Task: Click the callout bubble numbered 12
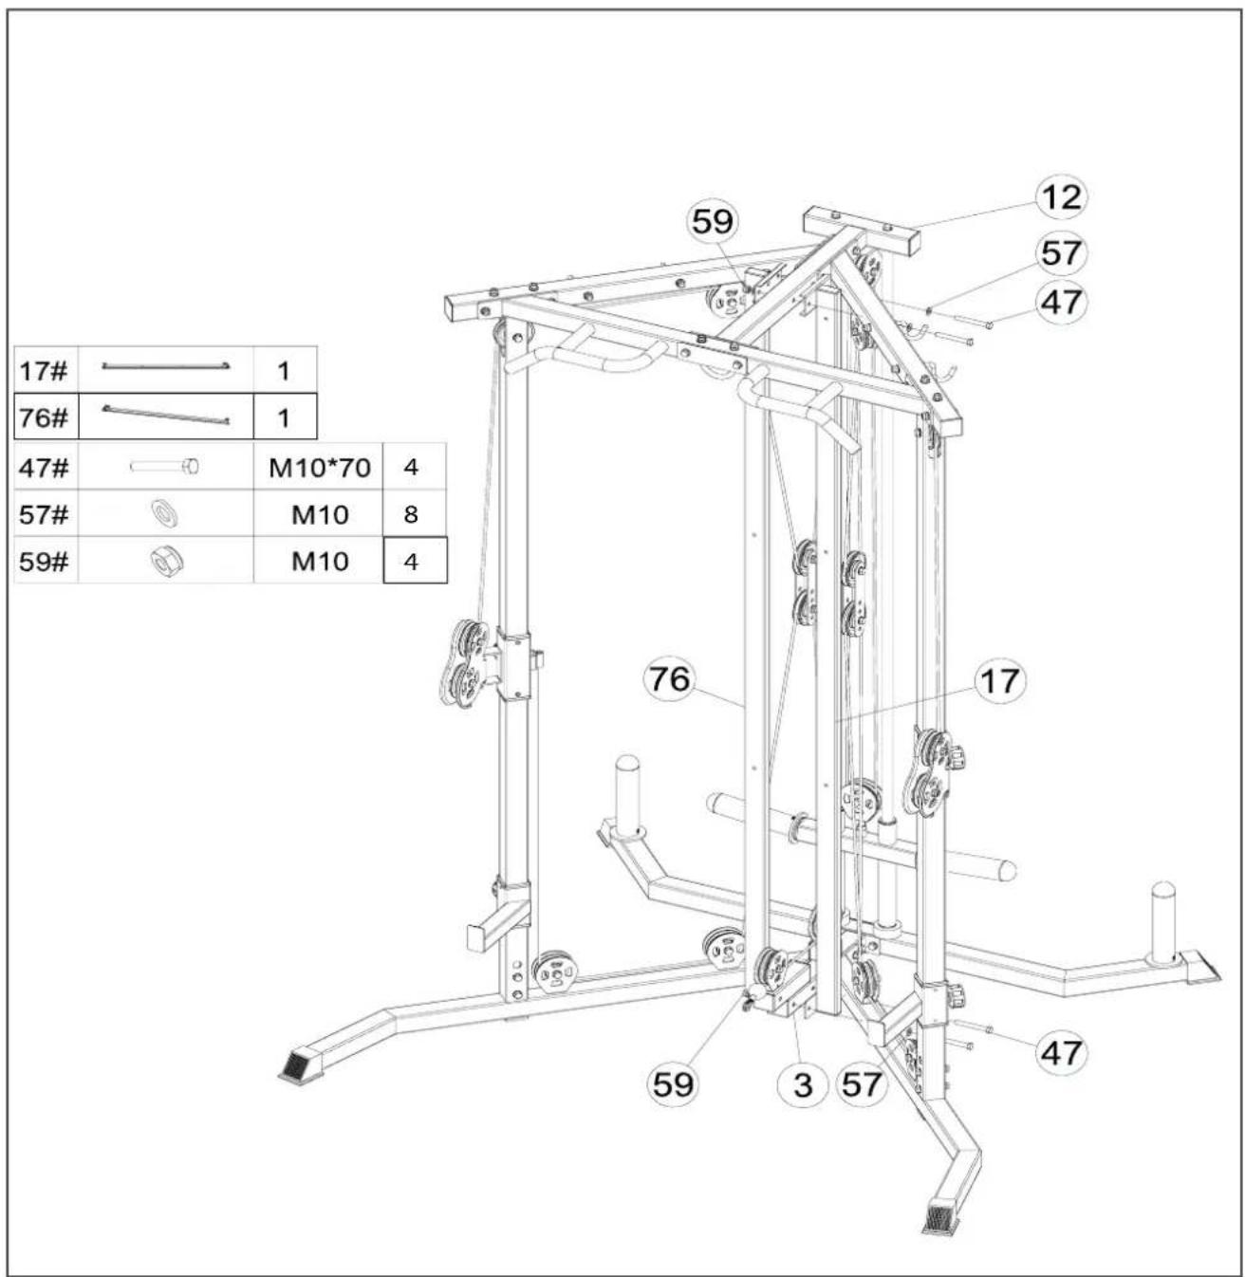1061,197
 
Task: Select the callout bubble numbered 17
999,681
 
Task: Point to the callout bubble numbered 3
803,1084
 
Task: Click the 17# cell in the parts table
46,371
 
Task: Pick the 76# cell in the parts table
46,416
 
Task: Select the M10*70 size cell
319,468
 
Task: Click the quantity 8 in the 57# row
411,514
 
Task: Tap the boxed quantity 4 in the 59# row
415,561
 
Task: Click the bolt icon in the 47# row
165,467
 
